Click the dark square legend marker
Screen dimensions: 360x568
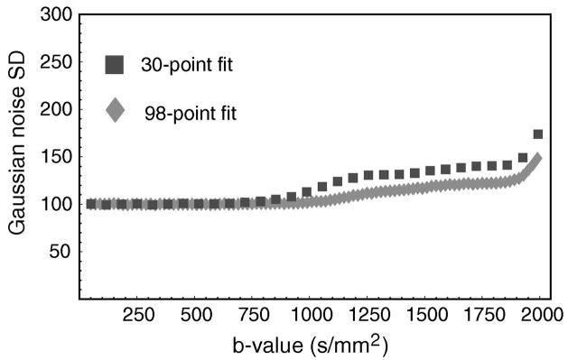pyautogui.click(x=115, y=64)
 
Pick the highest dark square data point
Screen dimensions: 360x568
pyautogui.click(x=538, y=134)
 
